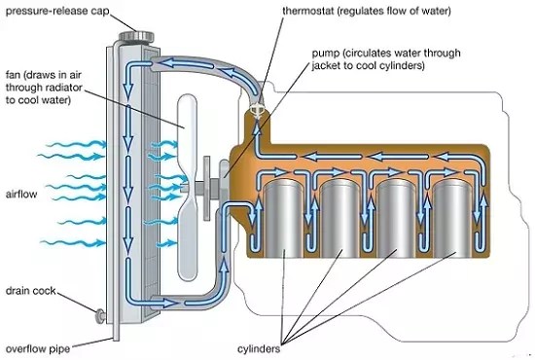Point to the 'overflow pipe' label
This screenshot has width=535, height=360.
pos(38,345)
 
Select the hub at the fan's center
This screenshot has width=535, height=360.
pos(199,184)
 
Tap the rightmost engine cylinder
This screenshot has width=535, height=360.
pos(452,220)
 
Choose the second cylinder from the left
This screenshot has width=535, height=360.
pos(340,220)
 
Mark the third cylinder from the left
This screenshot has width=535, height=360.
pos(397,220)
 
